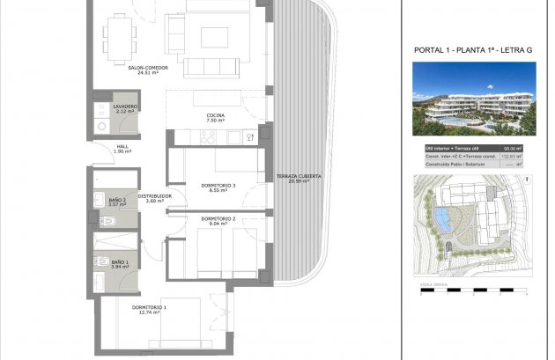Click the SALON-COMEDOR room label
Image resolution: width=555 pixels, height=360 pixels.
[x=147, y=68]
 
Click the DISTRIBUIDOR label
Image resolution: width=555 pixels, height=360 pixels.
[x=154, y=195]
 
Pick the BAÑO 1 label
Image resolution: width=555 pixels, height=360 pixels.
[x=120, y=262]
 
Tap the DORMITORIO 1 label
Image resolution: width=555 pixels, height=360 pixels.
[x=150, y=307]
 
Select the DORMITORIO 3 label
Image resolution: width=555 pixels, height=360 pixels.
[x=218, y=186]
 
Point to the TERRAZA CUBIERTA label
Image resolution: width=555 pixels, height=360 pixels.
[x=299, y=177]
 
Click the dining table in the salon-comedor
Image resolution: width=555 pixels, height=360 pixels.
[x=121, y=36]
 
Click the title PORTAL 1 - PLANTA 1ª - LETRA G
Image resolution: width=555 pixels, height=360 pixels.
[x=473, y=51]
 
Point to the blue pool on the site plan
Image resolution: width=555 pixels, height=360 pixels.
[x=440, y=219]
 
